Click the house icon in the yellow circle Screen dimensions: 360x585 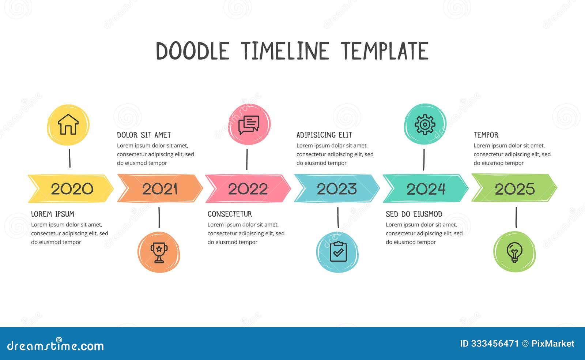(68, 125)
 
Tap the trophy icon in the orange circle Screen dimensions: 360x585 (159, 252)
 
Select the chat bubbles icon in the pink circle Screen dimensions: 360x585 (249, 125)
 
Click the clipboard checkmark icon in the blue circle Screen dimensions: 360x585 (338, 252)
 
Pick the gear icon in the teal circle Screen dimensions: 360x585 (425, 124)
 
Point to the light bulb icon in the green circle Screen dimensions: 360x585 (514, 252)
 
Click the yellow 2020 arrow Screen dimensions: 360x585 (71, 189)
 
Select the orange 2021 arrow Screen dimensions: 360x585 (160, 189)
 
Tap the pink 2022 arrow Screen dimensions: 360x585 (248, 189)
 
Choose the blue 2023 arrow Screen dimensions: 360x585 (337, 189)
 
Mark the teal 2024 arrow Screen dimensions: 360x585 (426, 189)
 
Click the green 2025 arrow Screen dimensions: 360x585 (514, 189)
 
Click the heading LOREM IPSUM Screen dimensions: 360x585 (53, 214)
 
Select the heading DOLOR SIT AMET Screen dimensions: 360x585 (144, 135)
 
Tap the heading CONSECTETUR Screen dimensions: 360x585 (230, 214)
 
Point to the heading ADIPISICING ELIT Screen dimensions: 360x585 (324, 135)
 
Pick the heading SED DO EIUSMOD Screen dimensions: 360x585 (414, 214)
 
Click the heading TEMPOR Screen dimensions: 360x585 (486, 135)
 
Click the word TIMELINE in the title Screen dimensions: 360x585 (285, 51)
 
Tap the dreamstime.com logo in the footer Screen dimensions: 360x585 (56, 345)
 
